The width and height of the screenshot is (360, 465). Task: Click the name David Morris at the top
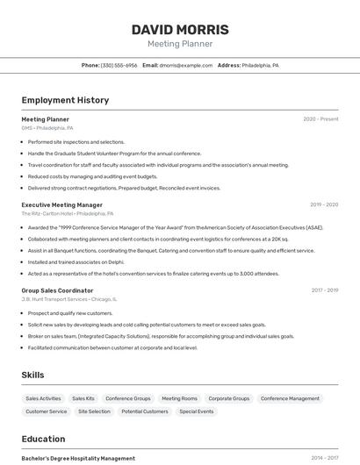(180, 30)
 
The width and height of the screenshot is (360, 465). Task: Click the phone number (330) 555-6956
(119, 65)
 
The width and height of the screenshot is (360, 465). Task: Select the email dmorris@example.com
(185, 65)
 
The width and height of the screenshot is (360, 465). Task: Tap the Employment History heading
(65, 100)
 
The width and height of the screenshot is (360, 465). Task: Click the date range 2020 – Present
(320, 119)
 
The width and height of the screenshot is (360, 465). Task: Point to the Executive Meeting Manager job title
(61, 204)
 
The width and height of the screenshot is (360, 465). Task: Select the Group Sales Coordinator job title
(57, 290)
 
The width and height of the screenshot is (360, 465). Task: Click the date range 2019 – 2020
(324, 204)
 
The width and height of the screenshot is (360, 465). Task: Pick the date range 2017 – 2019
(324, 290)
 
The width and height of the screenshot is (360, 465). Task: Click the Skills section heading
(32, 375)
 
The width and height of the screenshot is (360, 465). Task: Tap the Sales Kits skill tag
(83, 398)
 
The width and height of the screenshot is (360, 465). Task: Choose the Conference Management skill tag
(290, 398)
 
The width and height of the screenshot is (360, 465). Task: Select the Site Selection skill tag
(94, 411)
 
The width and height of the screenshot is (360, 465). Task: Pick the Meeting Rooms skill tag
(179, 398)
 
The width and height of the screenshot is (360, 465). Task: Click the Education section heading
(43, 439)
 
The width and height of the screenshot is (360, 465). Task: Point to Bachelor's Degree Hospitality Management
(78, 458)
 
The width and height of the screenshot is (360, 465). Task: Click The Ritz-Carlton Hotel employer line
(67, 213)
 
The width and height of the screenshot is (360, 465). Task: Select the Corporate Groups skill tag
(229, 398)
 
